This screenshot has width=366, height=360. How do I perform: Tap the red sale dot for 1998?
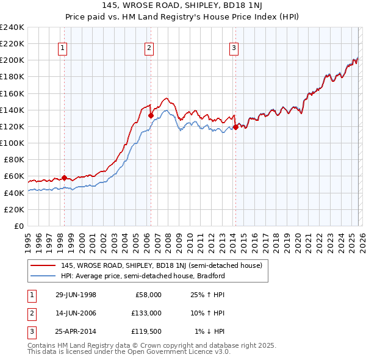tap(64, 178)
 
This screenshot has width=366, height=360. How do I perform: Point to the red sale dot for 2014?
tap(235, 127)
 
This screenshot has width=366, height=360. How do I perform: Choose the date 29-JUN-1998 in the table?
tap(76, 295)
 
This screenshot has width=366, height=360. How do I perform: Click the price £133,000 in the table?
tap(146, 313)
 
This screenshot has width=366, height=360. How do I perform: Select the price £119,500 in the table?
tap(146, 331)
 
